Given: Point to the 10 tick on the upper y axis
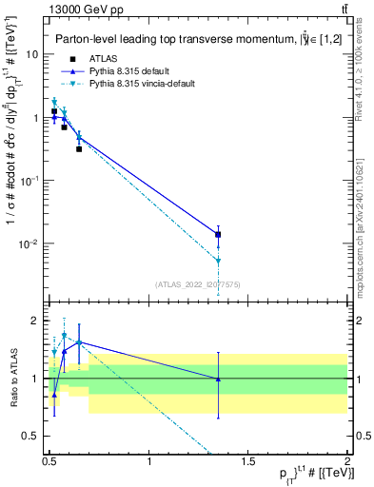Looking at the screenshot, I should click(x=35, y=54).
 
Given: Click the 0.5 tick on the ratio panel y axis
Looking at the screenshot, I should click(x=33, y=437).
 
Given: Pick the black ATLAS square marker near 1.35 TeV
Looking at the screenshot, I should click(x=218, y=234).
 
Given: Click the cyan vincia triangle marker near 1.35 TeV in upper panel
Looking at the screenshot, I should click(x=218, y=261).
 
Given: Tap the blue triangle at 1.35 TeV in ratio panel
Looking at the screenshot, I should click(x=218, y=379).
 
